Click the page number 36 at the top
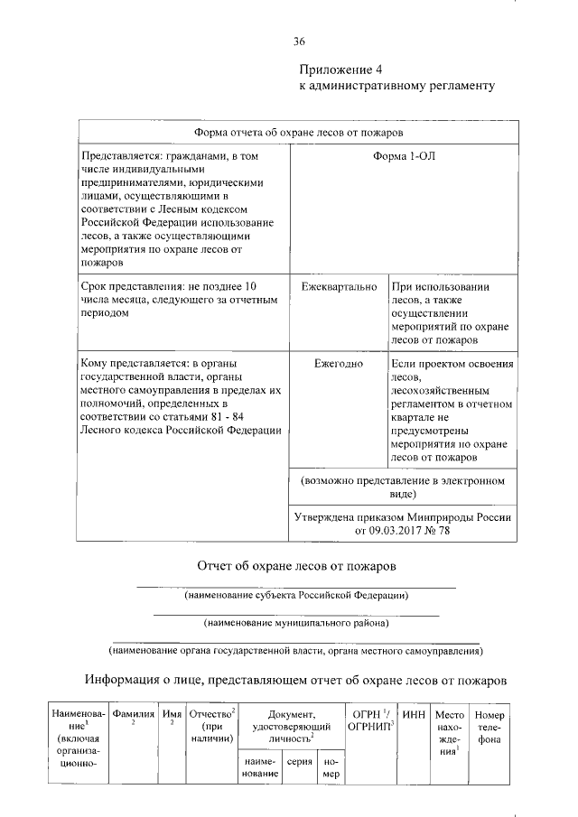(300, 42)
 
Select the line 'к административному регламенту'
(396, 87)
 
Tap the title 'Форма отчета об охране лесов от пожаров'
(299, 133)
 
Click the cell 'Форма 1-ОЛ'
(404, 156)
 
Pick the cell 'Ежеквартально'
(339, 286)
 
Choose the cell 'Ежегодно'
(339, 363)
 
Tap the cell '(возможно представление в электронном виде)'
(404, 487)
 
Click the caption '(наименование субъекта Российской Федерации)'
(296, 596)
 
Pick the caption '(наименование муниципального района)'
(296, 623)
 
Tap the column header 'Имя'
(172, 714)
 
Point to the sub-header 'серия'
(300, 761)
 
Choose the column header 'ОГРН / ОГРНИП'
(369, 720)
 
